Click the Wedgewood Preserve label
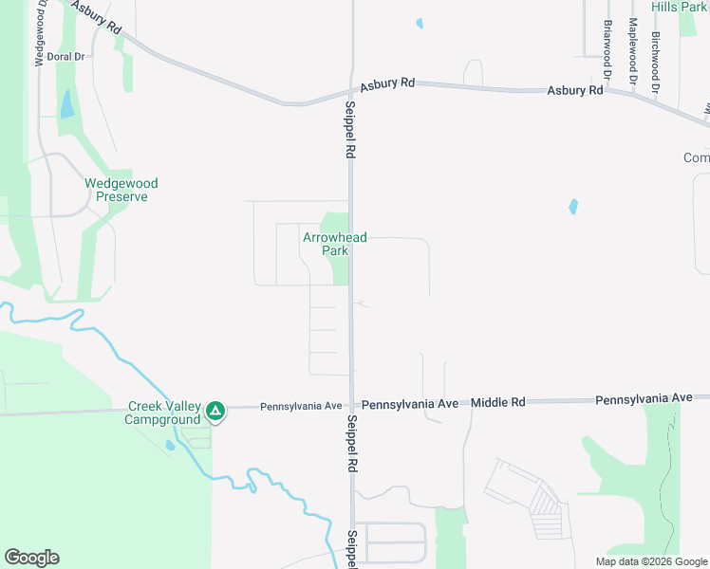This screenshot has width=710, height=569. (x=121, y=190)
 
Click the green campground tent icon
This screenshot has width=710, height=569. (x=215, y=411)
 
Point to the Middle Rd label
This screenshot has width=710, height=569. (x=498, y=402)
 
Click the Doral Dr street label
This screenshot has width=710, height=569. (x=66, y=57)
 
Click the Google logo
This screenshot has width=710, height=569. (x=31, y=558)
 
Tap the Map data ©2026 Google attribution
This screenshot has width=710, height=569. (x=650, y=561)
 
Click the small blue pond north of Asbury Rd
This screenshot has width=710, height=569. (x=420, y=23)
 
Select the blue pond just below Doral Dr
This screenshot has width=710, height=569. (x=66, y=104)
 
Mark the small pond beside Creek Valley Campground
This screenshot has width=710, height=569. (x=169, y=444)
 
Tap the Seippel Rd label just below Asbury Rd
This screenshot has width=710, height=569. (x=350, y=130)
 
